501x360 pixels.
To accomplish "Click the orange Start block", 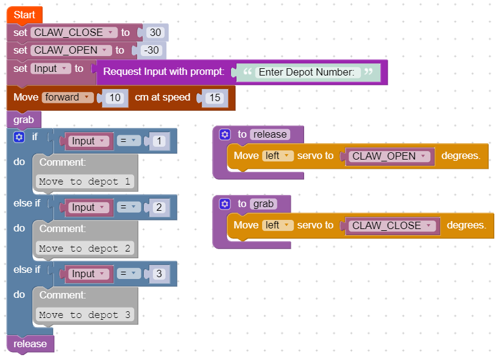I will coord(24,15).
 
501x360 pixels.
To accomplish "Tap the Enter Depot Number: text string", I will coord(306,72).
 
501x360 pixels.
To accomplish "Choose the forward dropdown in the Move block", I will coord(67,97).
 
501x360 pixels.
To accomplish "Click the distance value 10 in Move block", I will coord(115,97).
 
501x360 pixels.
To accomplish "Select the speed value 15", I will coord(215,97).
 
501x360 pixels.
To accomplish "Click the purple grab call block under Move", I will coord(24,119).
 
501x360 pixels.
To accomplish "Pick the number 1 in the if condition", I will coord(159,141).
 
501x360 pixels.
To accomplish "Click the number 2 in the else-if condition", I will coord(159,208).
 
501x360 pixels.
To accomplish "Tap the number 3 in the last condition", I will coord(159,274).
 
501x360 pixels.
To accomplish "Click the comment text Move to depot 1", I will coord(85,182).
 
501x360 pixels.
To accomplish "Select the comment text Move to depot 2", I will coord(85,249).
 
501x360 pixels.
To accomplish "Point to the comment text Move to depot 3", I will coord(85,315).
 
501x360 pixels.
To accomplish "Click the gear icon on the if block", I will coord(19,138).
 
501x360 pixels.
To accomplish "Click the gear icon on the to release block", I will coord(225,135).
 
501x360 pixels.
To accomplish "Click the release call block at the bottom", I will coord(30,344).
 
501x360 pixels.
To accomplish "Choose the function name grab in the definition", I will coord(263,204).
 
